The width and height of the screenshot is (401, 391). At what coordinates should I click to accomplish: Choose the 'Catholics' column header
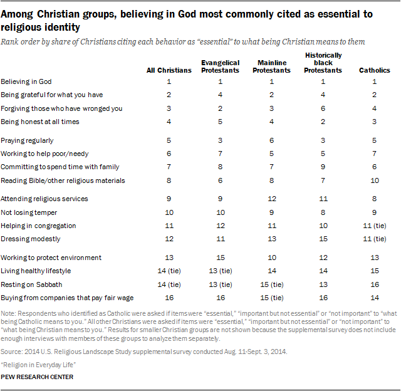375,70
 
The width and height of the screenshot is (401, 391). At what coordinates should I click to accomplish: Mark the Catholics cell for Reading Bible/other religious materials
375,180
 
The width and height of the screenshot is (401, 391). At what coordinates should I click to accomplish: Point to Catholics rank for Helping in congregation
375,226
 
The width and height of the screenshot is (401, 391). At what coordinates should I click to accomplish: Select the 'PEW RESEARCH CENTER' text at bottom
38,377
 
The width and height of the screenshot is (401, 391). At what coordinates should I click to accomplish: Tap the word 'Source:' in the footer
12,352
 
